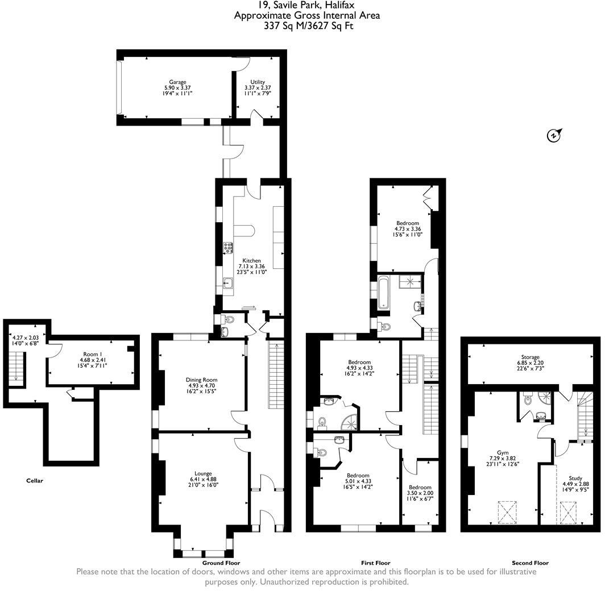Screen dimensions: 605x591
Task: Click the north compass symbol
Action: [554, 135]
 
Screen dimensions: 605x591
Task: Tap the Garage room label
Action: [177, 82]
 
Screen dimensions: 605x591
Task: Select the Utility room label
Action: [258, 82]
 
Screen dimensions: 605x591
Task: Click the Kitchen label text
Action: [251, 261]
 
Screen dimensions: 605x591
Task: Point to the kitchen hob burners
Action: [228, 248]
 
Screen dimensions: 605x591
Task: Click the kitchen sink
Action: [227, 283]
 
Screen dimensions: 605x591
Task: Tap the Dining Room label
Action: [201, 380]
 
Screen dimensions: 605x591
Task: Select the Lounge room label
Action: [203, 473]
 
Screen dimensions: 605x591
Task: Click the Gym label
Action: [503, 452]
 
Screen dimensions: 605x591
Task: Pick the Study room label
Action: [575, 478]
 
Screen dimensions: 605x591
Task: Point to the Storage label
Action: [530, 357]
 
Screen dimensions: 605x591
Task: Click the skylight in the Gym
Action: [507, 512]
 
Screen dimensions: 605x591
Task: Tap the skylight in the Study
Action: [569, 513]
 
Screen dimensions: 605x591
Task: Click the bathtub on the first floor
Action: [383, 292]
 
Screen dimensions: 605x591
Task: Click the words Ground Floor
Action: [221, 563]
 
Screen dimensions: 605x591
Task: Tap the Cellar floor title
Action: [35, 480]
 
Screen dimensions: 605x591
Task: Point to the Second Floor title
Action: [530, 563]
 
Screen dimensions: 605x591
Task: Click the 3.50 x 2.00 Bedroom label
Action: [420, 488]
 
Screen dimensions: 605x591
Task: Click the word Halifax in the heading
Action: [339, 5]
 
